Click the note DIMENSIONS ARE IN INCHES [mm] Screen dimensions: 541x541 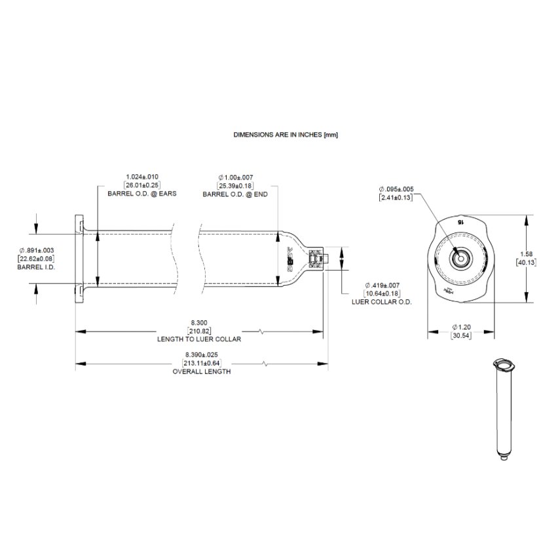click(x=285, y=134)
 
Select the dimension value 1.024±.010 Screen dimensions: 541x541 click(x=142, y=176)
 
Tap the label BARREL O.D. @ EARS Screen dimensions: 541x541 click(x=142, y=195)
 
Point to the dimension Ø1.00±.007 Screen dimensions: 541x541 click(x=235, y=177)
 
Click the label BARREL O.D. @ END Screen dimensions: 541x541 click(x=235, y=195)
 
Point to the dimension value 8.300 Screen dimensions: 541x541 click(x=198, y=323)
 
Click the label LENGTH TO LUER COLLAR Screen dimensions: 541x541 click(x=199, y=340)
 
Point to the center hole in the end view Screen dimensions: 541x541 click(x=460, y=258)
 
